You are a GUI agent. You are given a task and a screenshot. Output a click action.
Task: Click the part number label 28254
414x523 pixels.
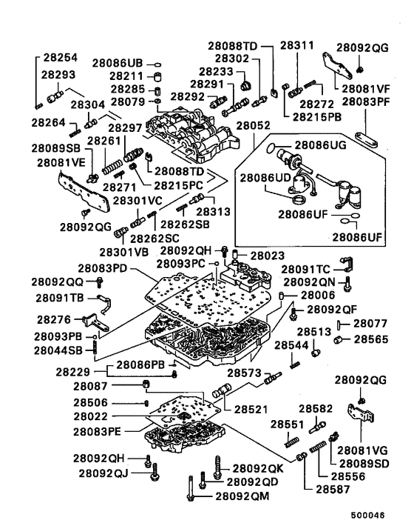[60, 57]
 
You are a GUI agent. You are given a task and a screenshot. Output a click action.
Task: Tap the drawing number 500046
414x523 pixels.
[368, 516]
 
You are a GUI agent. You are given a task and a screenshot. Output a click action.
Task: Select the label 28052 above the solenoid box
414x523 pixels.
[254, 126]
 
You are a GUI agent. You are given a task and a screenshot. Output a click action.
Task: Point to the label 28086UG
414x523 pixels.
[321, 145]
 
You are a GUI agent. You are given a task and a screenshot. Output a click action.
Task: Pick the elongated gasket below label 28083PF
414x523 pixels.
[366, 140]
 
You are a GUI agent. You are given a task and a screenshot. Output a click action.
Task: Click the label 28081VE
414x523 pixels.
[61, 163]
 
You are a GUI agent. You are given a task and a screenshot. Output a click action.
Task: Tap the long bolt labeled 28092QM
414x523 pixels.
[190, 488]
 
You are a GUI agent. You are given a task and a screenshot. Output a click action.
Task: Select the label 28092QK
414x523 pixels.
[258, 469]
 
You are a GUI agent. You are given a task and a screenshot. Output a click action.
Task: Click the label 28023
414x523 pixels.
[268, 256]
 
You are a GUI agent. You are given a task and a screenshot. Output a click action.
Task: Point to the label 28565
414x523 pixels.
[370, 339]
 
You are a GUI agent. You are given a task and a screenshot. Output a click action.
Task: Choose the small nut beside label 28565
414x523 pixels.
[338, 340]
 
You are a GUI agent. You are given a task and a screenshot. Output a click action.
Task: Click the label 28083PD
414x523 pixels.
[103, 268]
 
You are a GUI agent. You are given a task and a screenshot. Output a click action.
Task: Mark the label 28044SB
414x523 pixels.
[58, 350]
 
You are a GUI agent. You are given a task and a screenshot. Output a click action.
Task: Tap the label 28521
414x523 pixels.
[251, 409]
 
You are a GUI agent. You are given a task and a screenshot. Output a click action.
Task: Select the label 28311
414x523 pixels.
[297, 45]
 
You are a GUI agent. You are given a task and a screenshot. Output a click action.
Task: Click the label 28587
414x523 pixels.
[333, 490]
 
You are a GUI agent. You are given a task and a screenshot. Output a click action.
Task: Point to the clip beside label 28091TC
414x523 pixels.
[347, 264]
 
